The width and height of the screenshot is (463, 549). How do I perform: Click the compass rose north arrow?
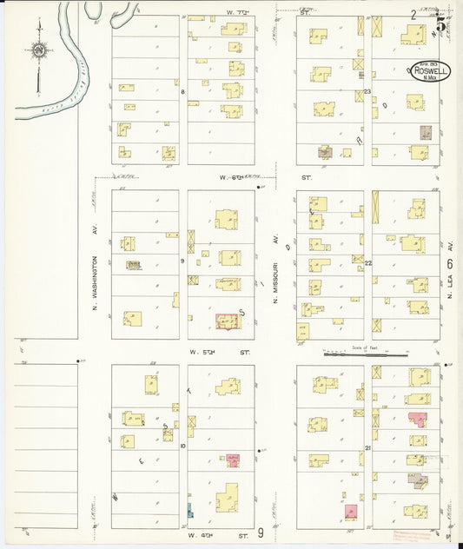38,54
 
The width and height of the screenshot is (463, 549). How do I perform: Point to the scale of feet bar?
366,354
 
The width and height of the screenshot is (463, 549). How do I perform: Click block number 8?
182,91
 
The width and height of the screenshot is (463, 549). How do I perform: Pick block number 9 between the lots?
182,261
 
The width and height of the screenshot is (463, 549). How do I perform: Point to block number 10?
182,446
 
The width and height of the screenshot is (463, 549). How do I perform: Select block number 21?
367,447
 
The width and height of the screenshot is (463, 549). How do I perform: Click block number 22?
367,262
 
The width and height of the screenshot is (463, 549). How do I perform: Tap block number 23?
367,91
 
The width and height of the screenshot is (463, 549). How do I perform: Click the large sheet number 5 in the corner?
441,23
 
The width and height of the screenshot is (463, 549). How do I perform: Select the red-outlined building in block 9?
228,321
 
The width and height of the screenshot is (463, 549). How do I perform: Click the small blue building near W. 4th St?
189,509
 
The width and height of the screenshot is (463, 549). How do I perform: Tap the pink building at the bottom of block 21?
351,511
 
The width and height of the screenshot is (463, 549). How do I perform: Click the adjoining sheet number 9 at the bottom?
260,531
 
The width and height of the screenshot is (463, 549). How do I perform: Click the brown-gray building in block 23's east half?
427,133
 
